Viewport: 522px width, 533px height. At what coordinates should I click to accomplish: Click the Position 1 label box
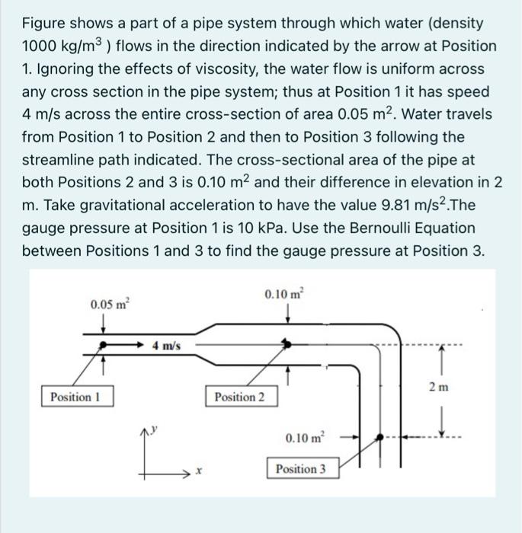[x=76, y=397]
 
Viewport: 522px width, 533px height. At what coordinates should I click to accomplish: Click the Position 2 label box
[x=241, y=397]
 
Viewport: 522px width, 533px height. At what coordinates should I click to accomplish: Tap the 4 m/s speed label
[x=166, y=345]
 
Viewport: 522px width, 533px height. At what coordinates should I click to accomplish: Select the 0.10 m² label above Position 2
[x=283, y=293]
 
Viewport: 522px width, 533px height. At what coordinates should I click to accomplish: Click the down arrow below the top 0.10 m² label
[x=287, y=314]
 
